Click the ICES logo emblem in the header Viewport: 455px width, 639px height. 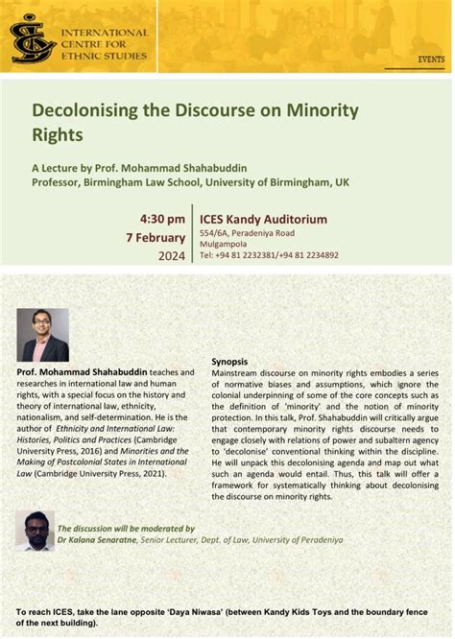point(32,37)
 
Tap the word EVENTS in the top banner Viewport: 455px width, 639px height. point(431,59)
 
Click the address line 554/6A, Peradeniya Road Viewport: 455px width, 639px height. point(247,232)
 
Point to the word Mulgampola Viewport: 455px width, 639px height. point(223,244)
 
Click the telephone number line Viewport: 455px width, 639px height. point(268,255)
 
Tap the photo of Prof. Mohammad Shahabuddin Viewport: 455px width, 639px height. point(43,335)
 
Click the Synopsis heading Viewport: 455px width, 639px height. point(231,361)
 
